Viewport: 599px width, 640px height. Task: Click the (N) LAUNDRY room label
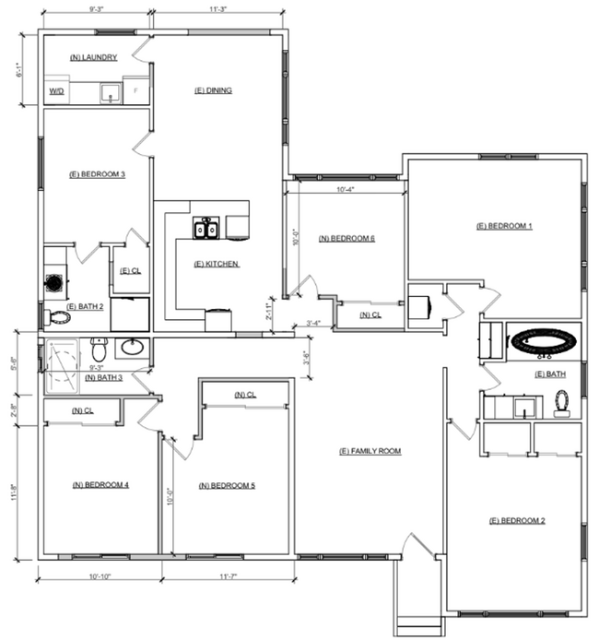(94, 57)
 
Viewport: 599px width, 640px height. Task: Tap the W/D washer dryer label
(56, 92)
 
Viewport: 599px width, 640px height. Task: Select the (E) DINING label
(213, 90)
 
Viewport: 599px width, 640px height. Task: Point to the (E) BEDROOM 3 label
(98, 173)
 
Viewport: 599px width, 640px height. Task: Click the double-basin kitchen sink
(206, 228)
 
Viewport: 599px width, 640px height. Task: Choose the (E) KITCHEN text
(217, 264)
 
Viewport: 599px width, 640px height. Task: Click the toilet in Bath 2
(59, 317)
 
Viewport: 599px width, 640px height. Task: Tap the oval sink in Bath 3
(132, 349)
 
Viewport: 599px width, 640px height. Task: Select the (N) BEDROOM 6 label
(346, 238)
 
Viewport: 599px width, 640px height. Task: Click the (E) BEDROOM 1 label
(504, 226)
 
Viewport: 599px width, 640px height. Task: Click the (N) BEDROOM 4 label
(100, 484)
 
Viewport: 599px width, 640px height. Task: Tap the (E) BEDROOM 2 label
(517, 521)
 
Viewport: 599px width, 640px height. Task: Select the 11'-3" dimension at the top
(218, 9)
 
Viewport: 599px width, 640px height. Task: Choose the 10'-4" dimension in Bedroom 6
(346, 189)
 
